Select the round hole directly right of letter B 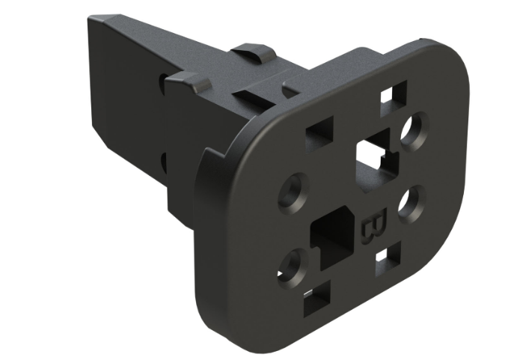pos(409,204)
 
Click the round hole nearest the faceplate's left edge pos(291,192)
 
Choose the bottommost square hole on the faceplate pos(315,302)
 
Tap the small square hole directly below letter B pos(384,257)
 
